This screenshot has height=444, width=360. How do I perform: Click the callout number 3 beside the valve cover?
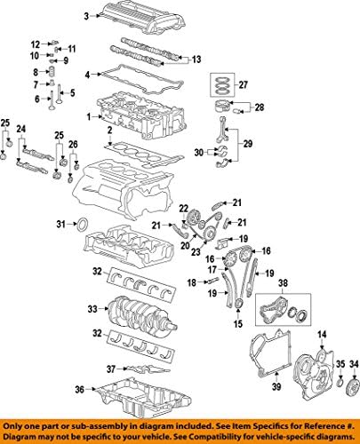(x=85, y=17)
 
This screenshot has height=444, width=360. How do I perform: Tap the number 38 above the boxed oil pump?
(x=284, y=286)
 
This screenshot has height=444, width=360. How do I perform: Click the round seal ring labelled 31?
(x=82, y=223)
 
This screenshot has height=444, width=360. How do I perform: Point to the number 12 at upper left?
(x=35, y=44)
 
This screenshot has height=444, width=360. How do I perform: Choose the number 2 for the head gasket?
(x=109, y=131)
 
